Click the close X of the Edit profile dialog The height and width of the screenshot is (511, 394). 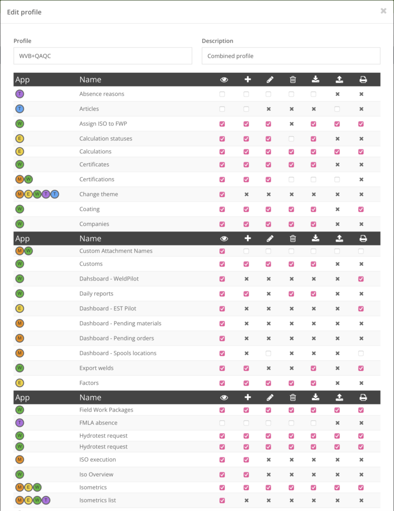pos(383,11)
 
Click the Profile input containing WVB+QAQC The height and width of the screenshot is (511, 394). pos(103,56)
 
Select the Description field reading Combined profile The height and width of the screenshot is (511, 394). pos(291,56)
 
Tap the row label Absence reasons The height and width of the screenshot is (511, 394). pos(102,94)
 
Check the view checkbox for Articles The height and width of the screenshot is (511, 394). pos(222,109)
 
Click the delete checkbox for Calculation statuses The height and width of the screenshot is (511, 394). pos(292,139)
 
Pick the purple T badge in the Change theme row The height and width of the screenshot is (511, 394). pos(46,194)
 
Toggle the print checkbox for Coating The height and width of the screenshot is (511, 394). pos(361,209)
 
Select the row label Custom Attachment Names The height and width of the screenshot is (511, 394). pos(116,251)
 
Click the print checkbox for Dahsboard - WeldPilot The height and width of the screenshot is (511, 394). pos(361,279)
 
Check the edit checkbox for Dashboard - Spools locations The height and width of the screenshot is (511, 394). pos(268,353)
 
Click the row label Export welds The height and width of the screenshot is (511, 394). pos(96,368)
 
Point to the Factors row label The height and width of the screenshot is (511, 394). pos(89,383)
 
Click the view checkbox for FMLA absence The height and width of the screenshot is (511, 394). pos(222,423)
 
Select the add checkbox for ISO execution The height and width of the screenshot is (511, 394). pos(246,460)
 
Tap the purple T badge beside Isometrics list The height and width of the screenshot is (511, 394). pos(46,500)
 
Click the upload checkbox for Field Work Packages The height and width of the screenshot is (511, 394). pos(337,410)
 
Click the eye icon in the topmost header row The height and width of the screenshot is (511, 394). pos(224,79)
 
